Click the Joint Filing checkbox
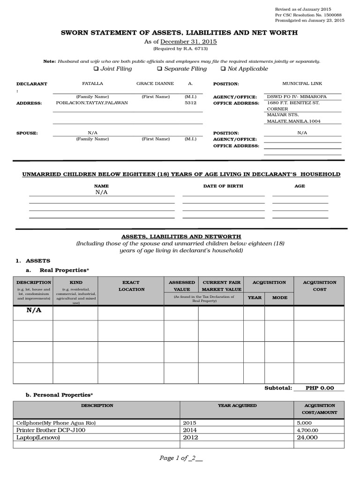[x=96, y=69]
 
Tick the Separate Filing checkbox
[x=159, y=69]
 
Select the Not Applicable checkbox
[x=223, y=69]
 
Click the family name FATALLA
[x=92, y=83]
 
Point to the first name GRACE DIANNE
[x=155, y=83]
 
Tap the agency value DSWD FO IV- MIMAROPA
[x=297, y=97]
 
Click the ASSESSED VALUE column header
[x=181, y=286]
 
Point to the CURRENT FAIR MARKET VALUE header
[x=221, y=286]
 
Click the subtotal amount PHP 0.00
[x=320, y=388]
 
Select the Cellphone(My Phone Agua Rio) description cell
[x=56, y=423]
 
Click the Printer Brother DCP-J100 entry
[x=51, y=430]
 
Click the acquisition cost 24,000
[x=307, y=437]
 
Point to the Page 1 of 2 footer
[x=180, y=458]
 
